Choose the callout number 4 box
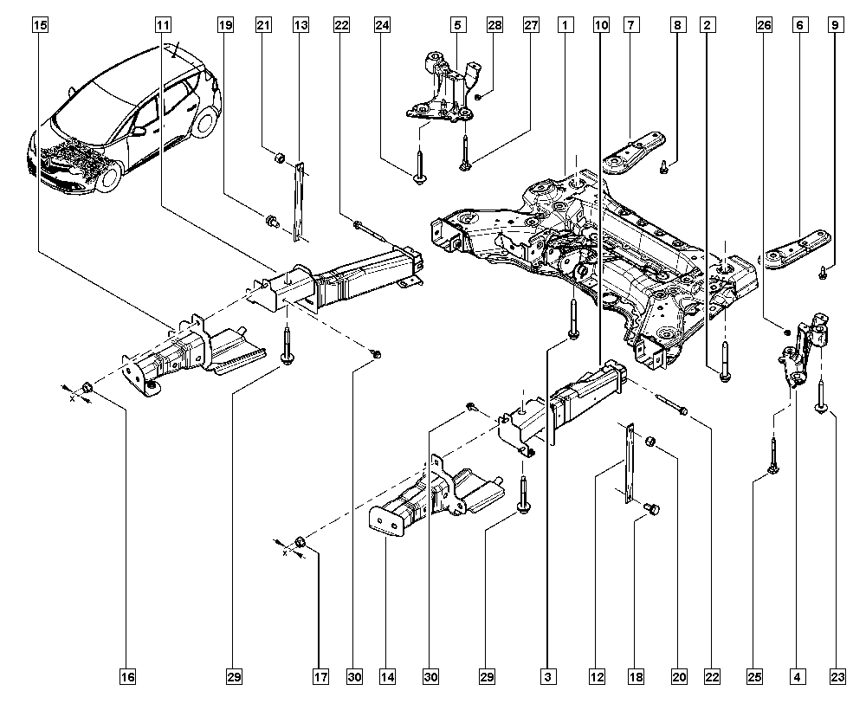795,675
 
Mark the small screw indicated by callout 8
663,168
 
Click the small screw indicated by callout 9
822,274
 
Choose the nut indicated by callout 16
87,386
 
